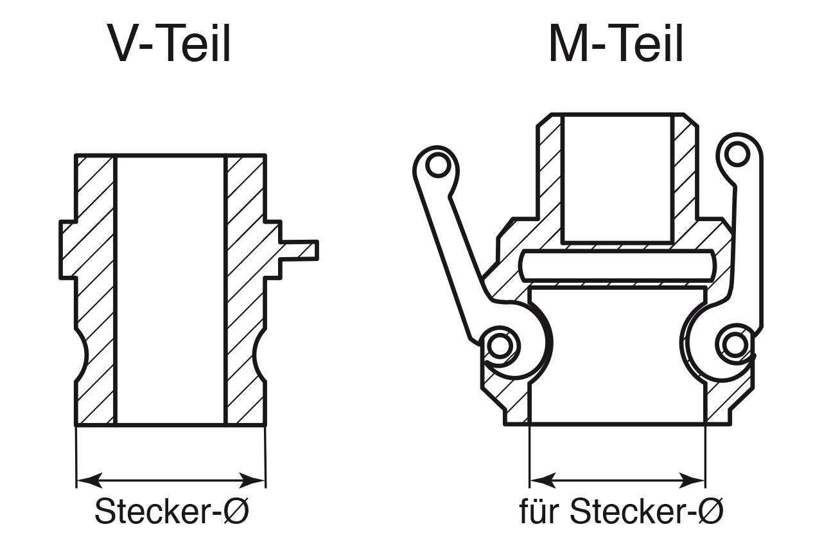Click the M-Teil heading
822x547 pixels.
[616, 46]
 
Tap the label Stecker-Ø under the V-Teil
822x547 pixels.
[171, 512]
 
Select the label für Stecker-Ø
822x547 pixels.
[621, 512]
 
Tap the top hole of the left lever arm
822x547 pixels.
[438, 166]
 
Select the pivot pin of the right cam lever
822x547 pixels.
[733, 346]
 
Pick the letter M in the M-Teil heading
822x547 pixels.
[569, 46]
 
